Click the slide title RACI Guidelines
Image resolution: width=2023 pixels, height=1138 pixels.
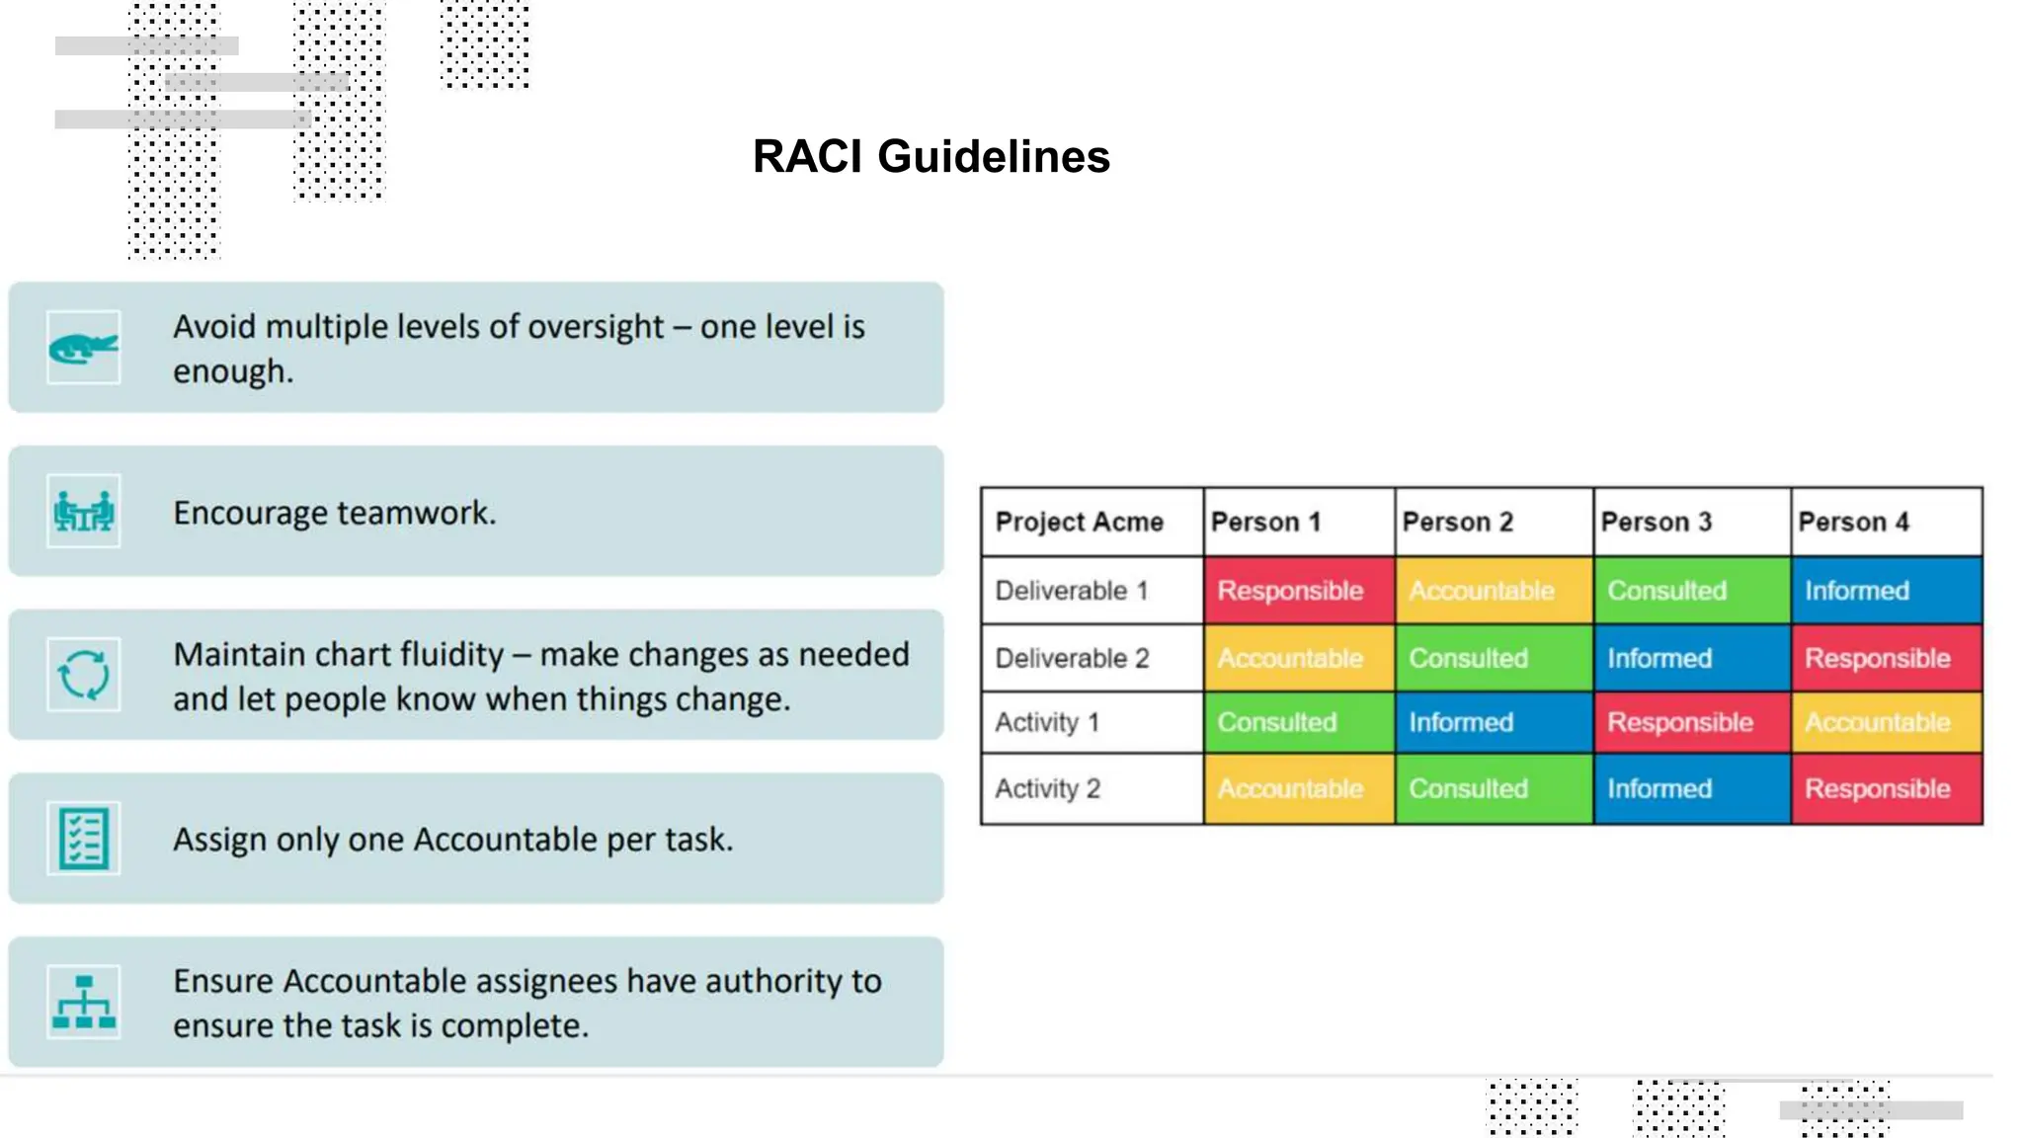coord(931,157)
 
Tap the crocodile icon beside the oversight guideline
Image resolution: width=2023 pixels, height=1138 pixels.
coord(83,348)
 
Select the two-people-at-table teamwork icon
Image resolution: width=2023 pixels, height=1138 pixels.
coord(83,512)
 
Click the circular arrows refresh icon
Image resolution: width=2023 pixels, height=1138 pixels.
coord(83,675)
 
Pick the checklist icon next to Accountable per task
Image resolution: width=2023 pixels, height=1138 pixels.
coord(83,838)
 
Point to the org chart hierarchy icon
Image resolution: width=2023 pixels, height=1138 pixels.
coord(83,1002)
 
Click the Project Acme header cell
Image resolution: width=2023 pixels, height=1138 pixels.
coord(1080,522)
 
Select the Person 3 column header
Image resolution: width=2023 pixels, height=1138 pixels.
coord(1656,522)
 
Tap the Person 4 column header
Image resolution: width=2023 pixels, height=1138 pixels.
coord(1853,522)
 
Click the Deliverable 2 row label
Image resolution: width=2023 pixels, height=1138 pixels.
coord(1072,658)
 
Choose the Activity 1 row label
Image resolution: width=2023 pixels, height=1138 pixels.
coord(1047,722)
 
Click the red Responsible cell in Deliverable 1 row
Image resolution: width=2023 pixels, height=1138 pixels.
coord(1290,591)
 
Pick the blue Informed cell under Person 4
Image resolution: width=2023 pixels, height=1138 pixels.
coord(1857,591)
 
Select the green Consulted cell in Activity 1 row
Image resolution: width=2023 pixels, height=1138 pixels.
coord(1276,722)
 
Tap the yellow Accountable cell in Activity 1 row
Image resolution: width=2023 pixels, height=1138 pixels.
coord(1877,722)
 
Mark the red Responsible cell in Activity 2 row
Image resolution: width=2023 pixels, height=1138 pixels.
coord(1877,788)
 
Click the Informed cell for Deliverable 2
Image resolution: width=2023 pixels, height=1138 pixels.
coord(1659,658)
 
